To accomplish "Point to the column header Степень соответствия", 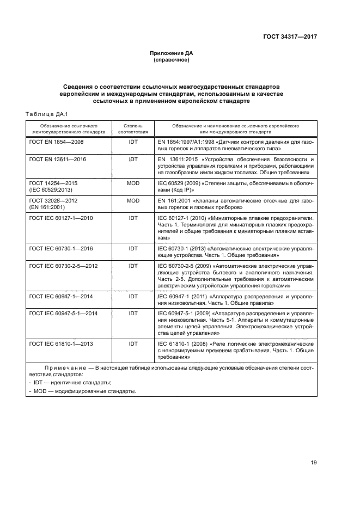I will click(133, 128).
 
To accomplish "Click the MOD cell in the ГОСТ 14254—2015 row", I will click(133, 183).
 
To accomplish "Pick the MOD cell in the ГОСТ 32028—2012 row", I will click(133, 201).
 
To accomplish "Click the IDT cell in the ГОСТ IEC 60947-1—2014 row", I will click(133, 296).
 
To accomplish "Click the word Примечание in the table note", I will click(60, 369).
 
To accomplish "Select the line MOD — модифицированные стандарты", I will click(75, 391).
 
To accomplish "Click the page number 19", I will click(314, 463).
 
